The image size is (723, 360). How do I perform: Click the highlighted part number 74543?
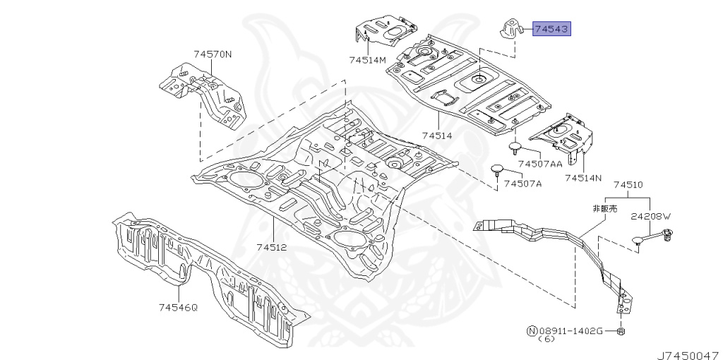point(551,29)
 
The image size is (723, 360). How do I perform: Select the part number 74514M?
point(368,60)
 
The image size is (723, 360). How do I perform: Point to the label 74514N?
point(583,179)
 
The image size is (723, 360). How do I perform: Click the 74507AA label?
point(540,164)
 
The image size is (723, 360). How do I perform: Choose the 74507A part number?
point(522,184)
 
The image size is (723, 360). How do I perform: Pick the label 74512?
point(271,247)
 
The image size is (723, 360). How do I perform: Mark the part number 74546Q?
point(178,307)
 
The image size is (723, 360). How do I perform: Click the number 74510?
point(628,185)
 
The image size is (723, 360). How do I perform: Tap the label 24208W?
point(650,218)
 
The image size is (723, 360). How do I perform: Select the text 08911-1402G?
point(572,330)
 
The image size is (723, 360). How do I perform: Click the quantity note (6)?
point(547,340)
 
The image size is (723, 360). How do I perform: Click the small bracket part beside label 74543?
point(509,29)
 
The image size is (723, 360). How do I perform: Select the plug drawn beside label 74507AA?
point(515,147)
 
